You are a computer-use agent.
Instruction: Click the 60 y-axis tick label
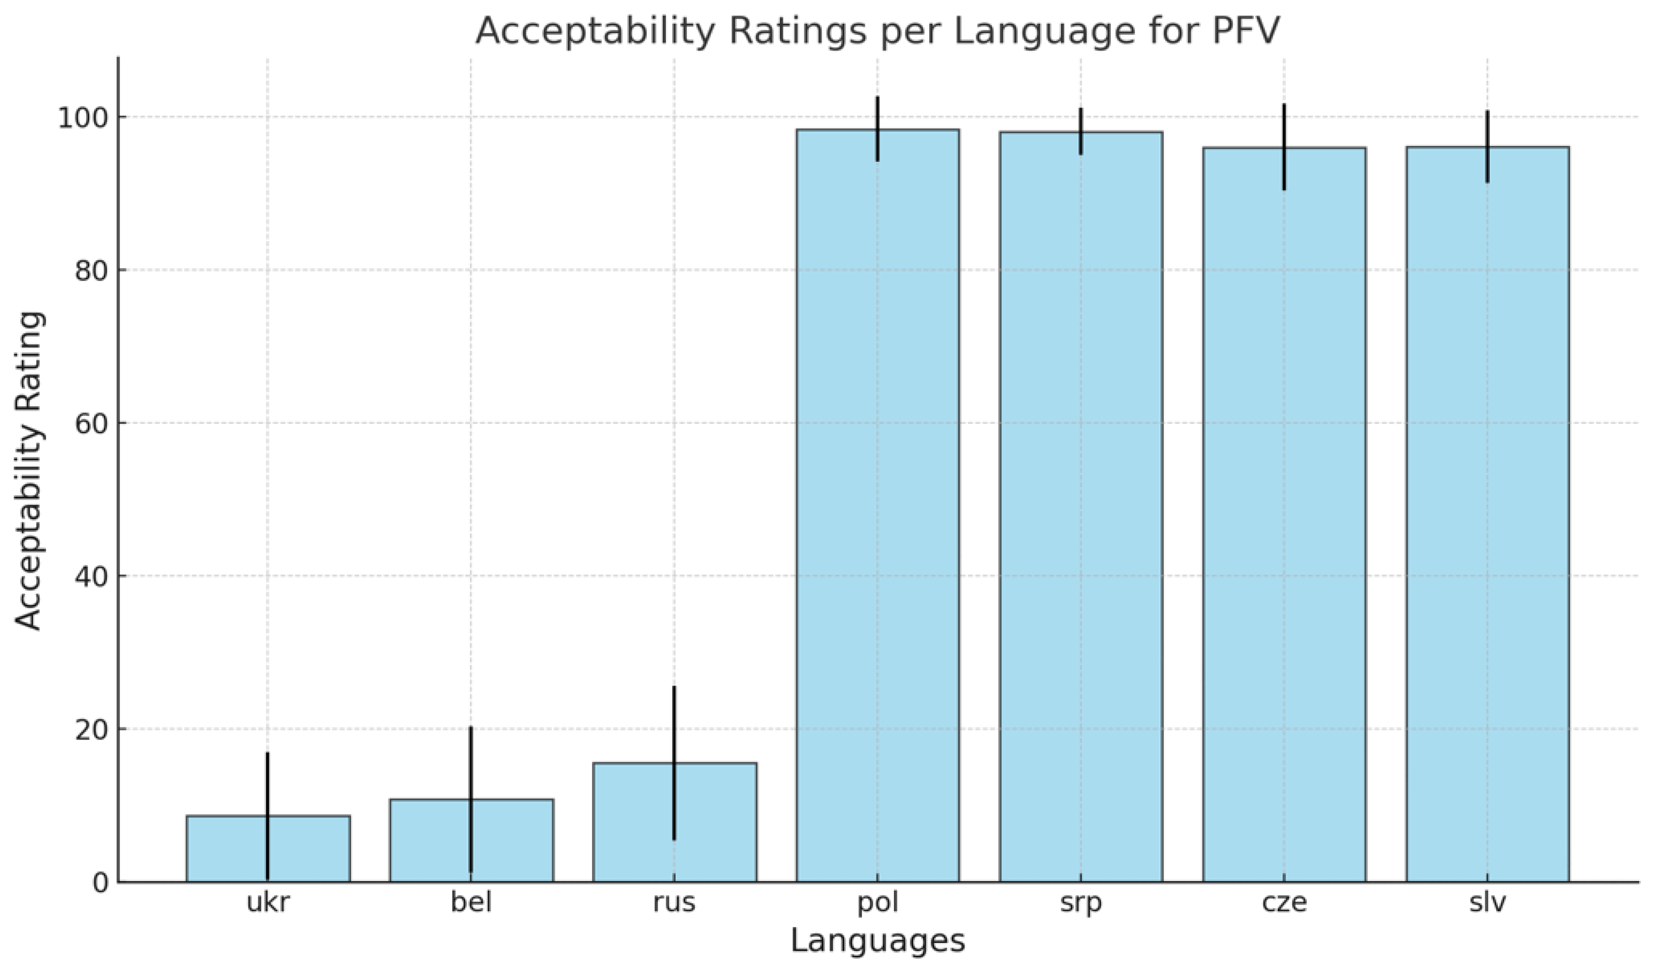pyautogui.click(x=89, y=424)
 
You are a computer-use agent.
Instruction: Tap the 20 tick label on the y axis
pyautogui.click(x=89, y=729)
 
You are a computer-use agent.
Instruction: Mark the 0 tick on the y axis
pyautogui.click(x=99, y=883)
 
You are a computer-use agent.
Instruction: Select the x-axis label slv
pyautogui.click(x=1487, y=902)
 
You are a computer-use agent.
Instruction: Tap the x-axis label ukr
pyautogui.click(x=268, y=902)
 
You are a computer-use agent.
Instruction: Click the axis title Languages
pyautogui.click(x=877, y=941)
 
